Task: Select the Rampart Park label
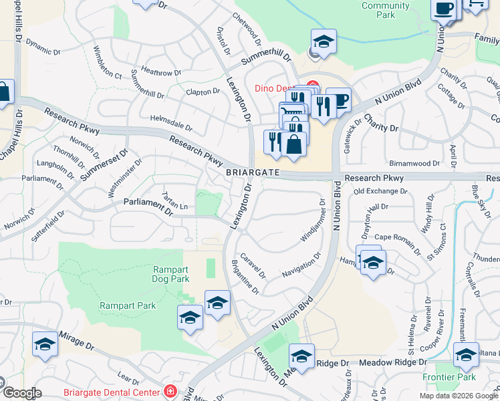click(128, 305)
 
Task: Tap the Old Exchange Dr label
click(380, 192)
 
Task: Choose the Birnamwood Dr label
click(414, 162)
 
